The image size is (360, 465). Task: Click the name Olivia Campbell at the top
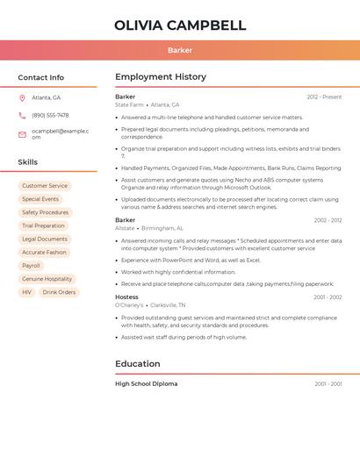[x=180, y=25]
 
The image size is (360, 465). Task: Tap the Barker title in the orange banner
[x=180, y=50]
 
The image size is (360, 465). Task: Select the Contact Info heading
[x=41, y=77]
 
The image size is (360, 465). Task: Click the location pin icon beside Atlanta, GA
[x=22, y=97]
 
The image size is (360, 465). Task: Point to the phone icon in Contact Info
[x=22, y=115]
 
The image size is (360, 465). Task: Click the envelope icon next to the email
[x=22, y=134]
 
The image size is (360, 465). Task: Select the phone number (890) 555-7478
[x=50, y=115]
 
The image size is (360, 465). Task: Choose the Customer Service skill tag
[x=45, y=186]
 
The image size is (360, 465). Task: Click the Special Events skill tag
[x=40, y=199]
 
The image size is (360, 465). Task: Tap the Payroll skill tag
[x=31, y=266]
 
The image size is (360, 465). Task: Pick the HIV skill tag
[x=26, y=292]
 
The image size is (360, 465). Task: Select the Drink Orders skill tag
[x=59, y=292]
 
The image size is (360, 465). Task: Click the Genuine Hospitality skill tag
[x=47, y=279]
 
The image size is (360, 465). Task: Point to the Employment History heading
[x=161, y=77]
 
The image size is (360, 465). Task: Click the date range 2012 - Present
[x=324, y=97]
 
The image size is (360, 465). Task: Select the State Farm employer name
[x=129, y=104]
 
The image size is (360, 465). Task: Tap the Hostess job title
[x=126, y=297]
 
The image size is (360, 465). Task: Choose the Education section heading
[x=138, y=364]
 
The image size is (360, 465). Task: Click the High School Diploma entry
[x=146, y=383]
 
